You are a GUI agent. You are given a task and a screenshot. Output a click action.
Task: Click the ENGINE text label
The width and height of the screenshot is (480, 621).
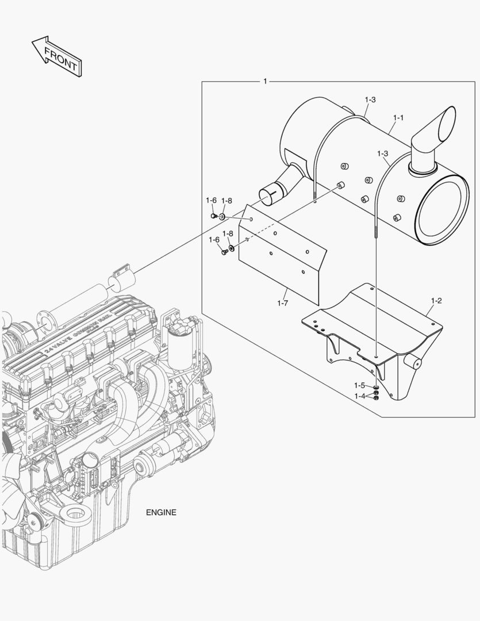pos(161,512)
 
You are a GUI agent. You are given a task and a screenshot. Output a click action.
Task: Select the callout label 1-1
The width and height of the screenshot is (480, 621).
pos(398,118)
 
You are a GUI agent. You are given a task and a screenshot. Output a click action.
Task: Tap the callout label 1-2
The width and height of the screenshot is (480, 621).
pos(436,301)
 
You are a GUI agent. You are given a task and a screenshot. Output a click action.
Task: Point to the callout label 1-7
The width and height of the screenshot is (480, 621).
pos(282,303)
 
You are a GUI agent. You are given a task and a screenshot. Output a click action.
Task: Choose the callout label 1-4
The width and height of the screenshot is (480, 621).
pos(359,396)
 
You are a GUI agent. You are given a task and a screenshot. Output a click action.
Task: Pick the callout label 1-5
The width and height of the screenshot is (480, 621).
pos(359,385)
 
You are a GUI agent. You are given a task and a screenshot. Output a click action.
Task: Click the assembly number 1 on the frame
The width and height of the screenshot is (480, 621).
pos(265,81)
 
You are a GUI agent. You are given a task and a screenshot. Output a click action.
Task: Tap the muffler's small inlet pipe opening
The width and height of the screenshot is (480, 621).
pos(268,194)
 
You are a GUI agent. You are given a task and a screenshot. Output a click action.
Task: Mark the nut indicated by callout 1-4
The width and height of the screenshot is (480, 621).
pos(375,398)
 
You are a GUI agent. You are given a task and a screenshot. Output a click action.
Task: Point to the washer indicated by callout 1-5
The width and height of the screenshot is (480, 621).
pos(375,387)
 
